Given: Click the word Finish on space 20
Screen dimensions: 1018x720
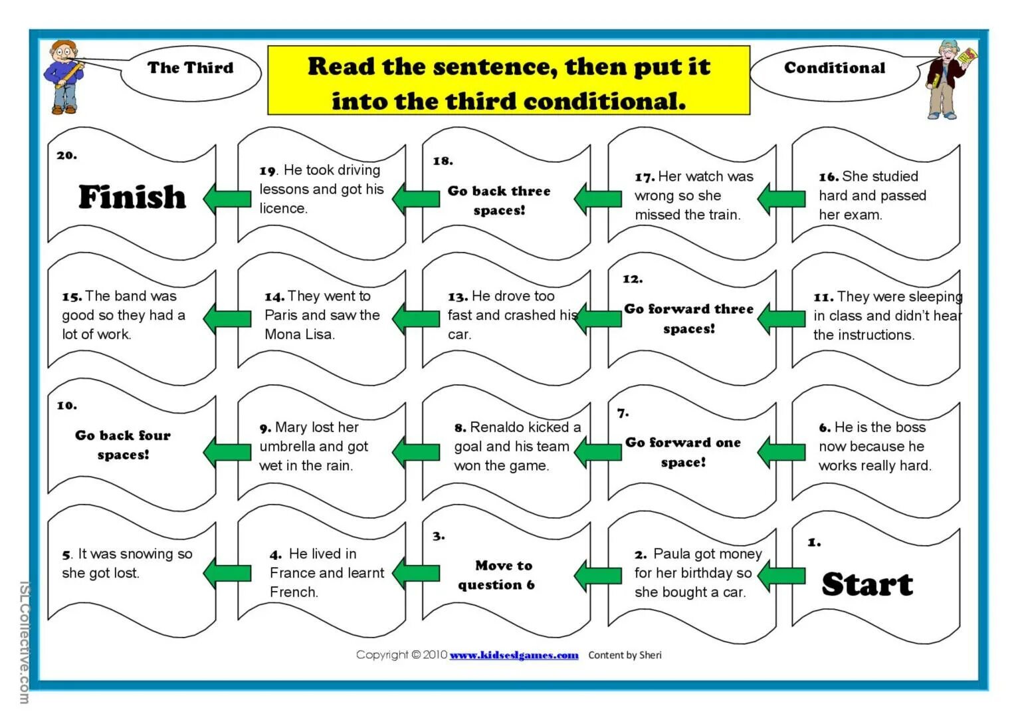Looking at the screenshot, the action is (x=132, y=197).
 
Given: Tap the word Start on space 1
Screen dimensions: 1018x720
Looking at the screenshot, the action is (x=866, y=584).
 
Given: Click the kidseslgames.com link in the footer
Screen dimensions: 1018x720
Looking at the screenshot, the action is (x=514, y=656).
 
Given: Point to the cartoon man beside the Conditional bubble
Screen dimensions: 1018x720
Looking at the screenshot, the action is (x=948, y=78).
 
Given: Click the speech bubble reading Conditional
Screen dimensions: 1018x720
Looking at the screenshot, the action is (x=835, y=68).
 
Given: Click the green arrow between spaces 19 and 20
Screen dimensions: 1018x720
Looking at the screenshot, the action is (x=227, y=198).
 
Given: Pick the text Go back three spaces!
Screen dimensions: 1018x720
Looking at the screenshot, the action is (x=499, y=200).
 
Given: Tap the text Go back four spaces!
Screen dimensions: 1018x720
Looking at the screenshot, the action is (x=123, y=445).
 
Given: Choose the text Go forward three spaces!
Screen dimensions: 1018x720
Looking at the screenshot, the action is (x=688, y=318).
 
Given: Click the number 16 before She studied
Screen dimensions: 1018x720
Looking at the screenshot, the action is (x=828, y=177).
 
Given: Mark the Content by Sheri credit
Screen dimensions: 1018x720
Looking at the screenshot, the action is (x=625, y=656).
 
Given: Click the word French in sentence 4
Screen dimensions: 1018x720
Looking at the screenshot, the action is (x=293, y=592).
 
